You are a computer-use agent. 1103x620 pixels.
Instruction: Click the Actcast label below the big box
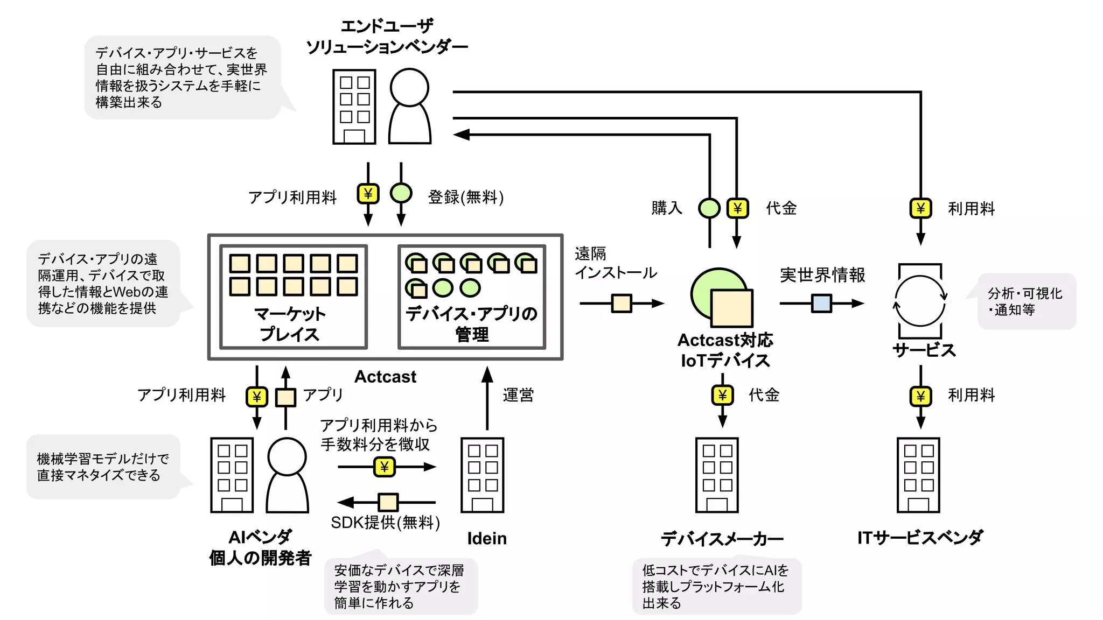[385, 377]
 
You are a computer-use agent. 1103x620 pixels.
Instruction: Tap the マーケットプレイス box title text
[290, 323]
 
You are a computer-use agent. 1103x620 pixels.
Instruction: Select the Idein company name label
[487, 538]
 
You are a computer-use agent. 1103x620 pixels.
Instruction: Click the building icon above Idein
[482, 475]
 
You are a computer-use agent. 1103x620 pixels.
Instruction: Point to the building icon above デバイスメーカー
[717, 475]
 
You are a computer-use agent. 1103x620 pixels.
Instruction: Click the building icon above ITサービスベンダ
[918, 475]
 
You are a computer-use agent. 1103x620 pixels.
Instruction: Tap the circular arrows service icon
[920, 301]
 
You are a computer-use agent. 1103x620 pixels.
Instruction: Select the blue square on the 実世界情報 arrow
[821, 304]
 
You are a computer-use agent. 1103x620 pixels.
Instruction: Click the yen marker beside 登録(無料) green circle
[368, 194]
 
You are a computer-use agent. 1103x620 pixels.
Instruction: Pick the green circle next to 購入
[709, 208]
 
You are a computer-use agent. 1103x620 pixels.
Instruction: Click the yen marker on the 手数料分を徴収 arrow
[384, 467]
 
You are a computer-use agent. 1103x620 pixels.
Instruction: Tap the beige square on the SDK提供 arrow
[388, 502]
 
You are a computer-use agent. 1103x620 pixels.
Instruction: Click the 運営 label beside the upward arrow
[518, 395]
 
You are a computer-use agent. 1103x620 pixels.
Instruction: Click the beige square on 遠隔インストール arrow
[622, 304]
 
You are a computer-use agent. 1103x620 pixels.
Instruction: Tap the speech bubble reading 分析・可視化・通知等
[1025, 301]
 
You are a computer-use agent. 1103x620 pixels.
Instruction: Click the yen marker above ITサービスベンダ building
[920, 396]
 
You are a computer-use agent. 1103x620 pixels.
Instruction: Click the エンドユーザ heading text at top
[387, 26]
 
